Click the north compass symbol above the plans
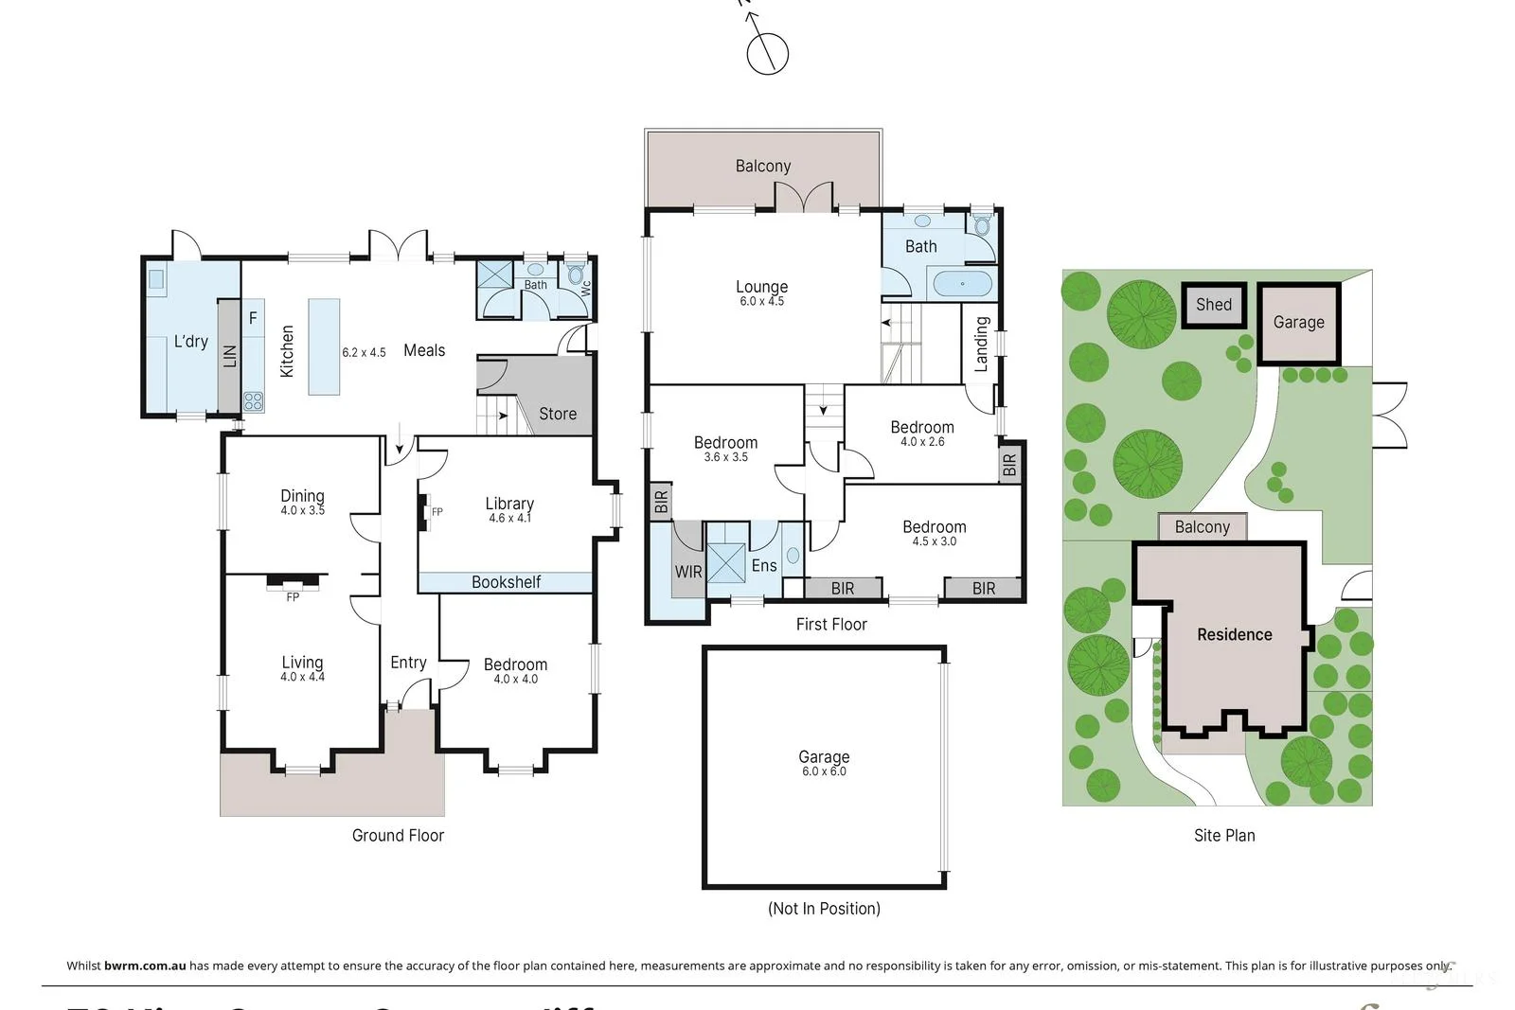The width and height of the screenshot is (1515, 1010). pos(767,52)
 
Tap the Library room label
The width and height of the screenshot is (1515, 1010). pos(509,504)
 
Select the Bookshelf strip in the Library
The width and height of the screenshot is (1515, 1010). pos(506,582)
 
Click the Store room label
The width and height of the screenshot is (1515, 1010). pos(558,414)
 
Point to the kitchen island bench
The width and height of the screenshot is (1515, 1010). pos(324,346)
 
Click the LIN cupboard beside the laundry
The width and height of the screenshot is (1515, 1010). pos(229,356)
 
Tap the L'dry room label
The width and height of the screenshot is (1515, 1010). pos(190,341)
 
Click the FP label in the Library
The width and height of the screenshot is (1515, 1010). pos(437,512)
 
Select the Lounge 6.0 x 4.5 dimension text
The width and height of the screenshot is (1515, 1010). pos(761,302)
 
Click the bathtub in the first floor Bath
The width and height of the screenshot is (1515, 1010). pos(962,283)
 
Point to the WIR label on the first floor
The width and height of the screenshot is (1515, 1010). pos(688,572)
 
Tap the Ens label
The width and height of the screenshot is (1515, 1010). pos(764,566)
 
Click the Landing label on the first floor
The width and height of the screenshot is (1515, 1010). pos(982,344)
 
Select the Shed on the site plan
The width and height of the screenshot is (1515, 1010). pos(1213,305)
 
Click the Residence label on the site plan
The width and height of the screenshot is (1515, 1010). pos(1234,634)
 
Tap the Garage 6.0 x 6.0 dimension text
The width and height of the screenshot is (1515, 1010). pos(824,771)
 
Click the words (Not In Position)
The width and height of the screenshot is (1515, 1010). pos(824,909)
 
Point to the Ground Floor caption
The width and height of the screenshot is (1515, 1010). pos(398,835)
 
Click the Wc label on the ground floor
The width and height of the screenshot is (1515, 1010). pos(585,287)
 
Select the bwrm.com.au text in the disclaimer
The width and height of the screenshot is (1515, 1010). pos(145,966)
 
